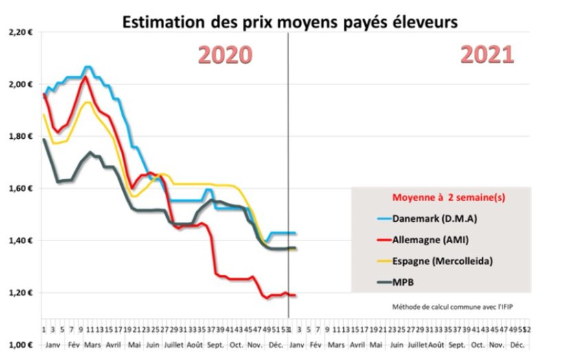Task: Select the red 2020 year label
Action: click(x=226, y=55)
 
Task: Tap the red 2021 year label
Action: click(x=487, y=54)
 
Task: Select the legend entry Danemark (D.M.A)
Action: click(x=435, y=219)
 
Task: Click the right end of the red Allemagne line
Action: click(x=296, y=295)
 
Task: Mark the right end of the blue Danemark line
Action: click(x=296, y=234)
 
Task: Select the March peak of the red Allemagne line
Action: click(x=85, y=76)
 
